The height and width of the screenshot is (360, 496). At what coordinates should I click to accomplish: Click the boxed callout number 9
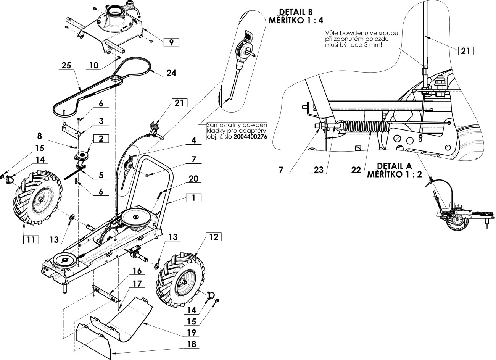(x=171, y=42)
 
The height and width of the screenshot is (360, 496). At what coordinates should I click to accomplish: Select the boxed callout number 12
(x=214, y=237)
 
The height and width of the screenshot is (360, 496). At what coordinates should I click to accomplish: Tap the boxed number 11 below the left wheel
(x=31, y=240)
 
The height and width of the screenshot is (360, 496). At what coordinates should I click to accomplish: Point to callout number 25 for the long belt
(x=66, y=65)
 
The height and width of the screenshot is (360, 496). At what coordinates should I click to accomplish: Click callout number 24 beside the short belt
(x=171, y=73)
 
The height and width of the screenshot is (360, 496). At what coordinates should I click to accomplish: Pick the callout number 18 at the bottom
(x=192, y=344)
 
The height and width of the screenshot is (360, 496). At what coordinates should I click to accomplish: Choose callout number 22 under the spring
(x=356, y=170)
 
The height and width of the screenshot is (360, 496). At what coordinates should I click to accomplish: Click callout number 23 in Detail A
(x=319, y=170)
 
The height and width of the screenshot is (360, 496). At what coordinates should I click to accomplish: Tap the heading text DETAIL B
(x=296, y=12)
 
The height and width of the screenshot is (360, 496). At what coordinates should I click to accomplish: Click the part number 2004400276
(x=250, y=137)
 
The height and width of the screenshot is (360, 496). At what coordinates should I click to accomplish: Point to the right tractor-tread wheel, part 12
(x=181, y=280)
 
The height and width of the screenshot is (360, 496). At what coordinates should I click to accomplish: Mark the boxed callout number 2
(x=101, y=139)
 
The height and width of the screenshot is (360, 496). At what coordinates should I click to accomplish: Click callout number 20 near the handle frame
(x=193, y=179)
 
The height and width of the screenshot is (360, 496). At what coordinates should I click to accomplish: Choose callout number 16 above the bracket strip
(x=137, y=271)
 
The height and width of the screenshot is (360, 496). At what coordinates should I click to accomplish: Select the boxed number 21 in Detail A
(x=465, y=51)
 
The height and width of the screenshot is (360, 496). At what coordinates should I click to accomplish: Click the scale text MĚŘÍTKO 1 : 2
(x=395, y=174)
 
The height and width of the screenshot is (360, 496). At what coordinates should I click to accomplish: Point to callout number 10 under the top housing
(x=94, y=66)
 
